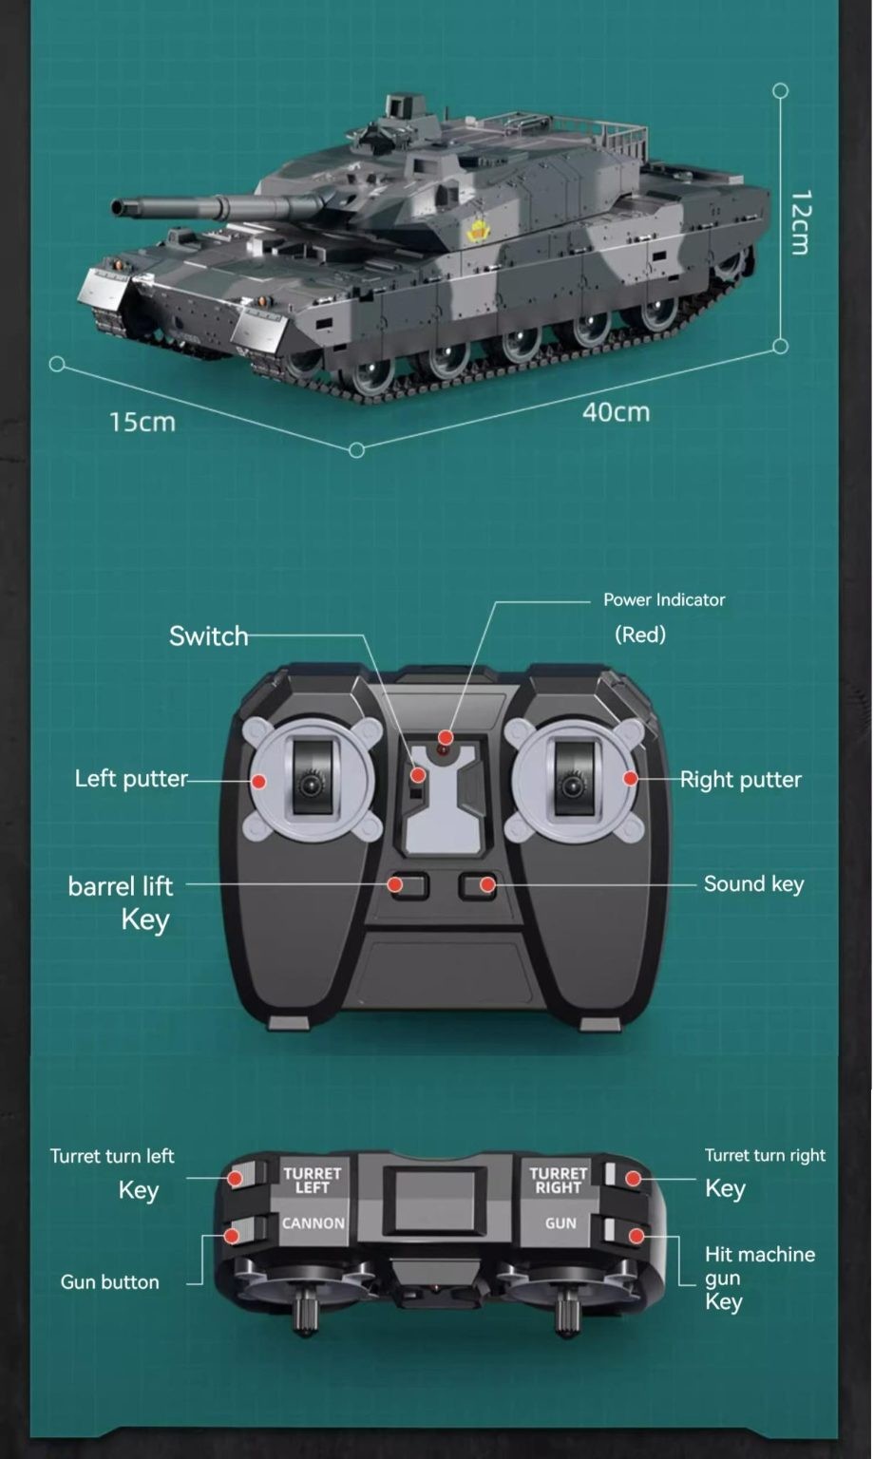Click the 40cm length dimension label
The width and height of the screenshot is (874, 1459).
click(616, 412)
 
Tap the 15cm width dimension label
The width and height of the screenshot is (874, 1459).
click(142, 422)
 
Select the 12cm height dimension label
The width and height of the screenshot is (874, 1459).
click(800, 222)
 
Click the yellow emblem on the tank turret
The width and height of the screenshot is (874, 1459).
click(477, 231)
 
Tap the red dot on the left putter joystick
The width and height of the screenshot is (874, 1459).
click(258, 781)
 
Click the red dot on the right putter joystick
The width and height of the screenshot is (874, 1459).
click(630, 779)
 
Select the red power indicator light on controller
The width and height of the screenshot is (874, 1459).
click(445, 738)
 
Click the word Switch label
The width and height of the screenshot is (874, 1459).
click(208, 635)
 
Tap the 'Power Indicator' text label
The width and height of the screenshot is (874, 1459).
click(663, 599)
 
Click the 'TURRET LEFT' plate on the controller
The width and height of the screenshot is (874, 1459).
click(312, 1180)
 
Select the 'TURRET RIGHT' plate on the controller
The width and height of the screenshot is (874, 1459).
click(558, 1180)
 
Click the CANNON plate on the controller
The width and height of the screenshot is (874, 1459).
click(313, 1223)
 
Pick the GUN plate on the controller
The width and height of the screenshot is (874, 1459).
click(560, 1223)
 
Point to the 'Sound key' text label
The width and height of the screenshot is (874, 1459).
click(753, 883)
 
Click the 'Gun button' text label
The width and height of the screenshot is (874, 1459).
click(109, 1281)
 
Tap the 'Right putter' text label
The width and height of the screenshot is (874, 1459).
click(740, 779)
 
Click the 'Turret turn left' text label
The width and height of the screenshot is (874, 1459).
click(112, 1156)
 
